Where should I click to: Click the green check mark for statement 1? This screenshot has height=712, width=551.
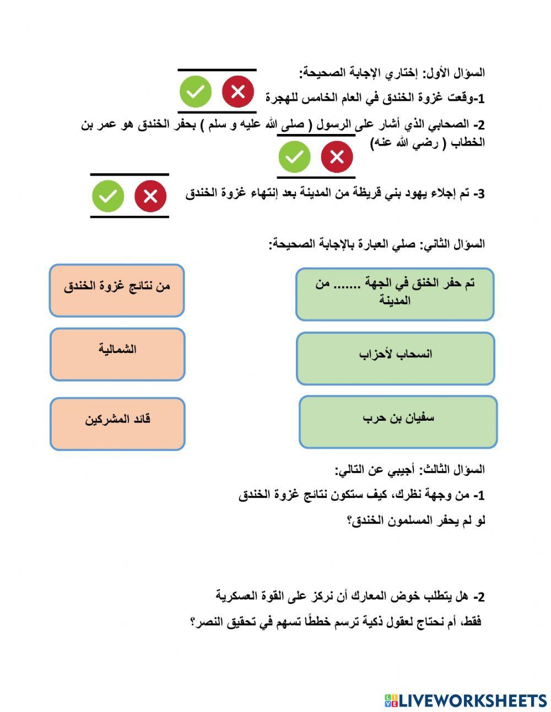[x=195, y=92]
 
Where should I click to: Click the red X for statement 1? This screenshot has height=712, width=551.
[x=238, y=92]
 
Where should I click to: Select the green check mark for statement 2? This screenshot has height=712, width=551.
[x=294, y=157]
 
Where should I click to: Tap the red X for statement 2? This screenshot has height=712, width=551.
[x=337, y=157]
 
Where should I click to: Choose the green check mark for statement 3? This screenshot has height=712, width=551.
[x=108, y=196]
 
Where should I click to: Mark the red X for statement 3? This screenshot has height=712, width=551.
[x=150, y=196]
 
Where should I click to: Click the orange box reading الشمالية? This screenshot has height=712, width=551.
[x=117, y=355]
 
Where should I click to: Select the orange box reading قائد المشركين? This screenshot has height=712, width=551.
[x=117, y=424]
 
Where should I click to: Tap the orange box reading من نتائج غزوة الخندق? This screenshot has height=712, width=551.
[x=117, y=291]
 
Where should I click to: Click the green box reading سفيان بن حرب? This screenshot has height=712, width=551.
[x=398, y=422]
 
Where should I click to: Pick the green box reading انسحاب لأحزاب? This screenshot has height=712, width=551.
[x=395, y=358]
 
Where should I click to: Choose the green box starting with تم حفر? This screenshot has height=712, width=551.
[x=395, y=294]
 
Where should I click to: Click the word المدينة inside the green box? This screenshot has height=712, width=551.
[x=395, y=301]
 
